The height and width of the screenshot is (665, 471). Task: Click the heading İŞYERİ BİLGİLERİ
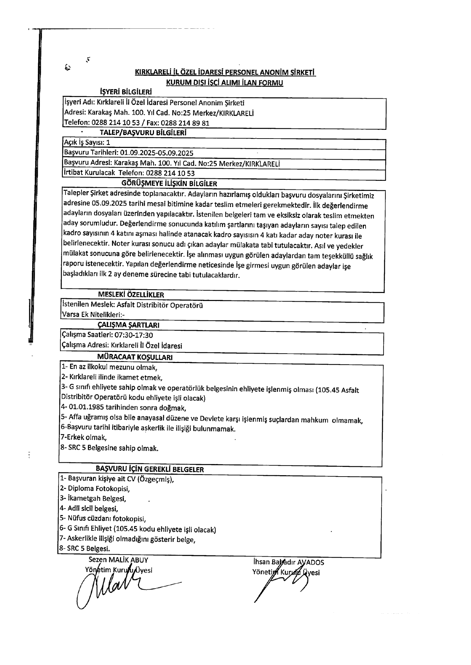click(126, 92)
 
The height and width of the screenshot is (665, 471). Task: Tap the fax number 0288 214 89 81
click(186, 123)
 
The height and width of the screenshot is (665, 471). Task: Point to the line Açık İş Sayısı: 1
click(87, 142)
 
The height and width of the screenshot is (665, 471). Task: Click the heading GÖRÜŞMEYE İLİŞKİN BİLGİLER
click(169, 184)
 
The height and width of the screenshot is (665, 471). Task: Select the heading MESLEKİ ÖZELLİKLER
click(131, 295)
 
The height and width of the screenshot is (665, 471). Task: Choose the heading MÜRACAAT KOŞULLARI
click(135, 357)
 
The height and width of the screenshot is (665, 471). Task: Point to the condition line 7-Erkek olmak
click(84, 437)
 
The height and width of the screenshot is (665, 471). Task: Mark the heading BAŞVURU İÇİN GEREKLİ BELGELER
click(150, 469)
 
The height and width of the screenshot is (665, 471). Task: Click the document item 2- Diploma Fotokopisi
click(95, 489)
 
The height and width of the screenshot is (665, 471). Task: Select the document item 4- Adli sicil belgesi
click(89, 508)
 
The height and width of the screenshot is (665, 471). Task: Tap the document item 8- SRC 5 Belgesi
click(85, 549)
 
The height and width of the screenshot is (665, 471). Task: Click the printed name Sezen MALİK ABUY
click(118, 560)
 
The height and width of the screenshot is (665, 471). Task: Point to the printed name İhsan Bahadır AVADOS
click(289, 562)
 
